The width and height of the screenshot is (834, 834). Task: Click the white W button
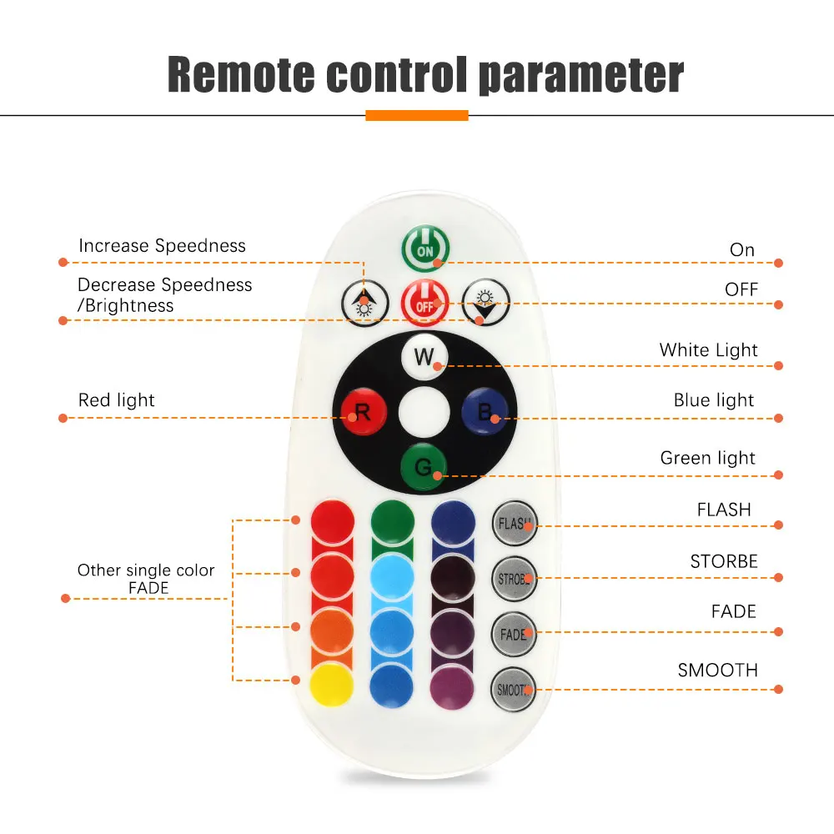(x=425, y=358)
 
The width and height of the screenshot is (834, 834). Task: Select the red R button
(x=363, y=411)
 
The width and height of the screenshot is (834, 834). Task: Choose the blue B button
(x=485, y=410)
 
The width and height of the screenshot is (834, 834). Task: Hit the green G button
(x=424, y=467)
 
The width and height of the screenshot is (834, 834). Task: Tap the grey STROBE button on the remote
(x=513, y=578)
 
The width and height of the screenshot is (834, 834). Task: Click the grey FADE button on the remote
(x=513, y=634)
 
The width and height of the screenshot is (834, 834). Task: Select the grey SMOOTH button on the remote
(x=513, y=690)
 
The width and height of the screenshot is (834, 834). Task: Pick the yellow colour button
(x=332, y=685)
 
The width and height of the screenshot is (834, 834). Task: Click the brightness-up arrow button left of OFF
(x=364, y=301)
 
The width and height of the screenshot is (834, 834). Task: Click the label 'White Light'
(x=708, y=350)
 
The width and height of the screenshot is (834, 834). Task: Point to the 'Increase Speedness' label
(x=162, y=246)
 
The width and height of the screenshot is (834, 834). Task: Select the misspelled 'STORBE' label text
(x=724, y=561)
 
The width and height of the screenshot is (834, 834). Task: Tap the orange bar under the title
(x=417, y=115)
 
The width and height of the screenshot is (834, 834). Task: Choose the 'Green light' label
(x=707, y=458)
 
